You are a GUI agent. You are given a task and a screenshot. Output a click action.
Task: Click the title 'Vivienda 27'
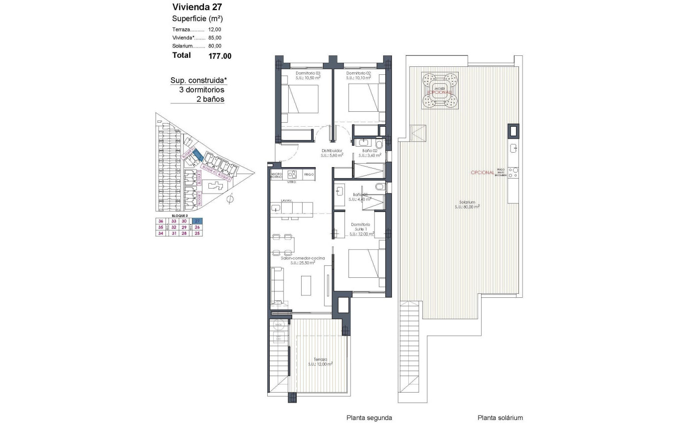point(197,7)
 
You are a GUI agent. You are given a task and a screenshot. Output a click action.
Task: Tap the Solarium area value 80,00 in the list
point(215,46)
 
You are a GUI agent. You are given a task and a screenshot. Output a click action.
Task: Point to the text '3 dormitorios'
point(201,90)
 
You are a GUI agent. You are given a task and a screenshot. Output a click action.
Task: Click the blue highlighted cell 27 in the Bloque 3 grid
point(198,221)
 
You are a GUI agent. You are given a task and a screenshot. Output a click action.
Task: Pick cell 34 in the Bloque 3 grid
point(161,233)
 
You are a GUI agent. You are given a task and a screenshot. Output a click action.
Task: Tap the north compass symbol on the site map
point(229,200)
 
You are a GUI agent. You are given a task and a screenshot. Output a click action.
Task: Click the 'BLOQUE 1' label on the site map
point(198,199)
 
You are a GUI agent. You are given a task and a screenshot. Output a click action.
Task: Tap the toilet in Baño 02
point(379,145)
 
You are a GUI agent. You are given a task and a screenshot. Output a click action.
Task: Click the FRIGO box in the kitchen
point(309,175)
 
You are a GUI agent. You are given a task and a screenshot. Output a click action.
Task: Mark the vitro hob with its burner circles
point(292,175)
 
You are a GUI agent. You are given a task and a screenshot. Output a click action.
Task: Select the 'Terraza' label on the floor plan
point(321,359)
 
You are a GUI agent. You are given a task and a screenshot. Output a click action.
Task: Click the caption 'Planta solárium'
point(500,418)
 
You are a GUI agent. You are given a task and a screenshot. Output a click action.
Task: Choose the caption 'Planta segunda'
point(369,418)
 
